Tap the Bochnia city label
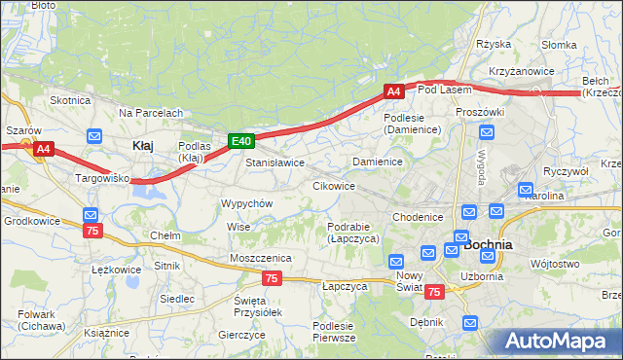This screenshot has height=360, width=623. tap(489, 245)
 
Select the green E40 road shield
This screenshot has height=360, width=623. tap(242, 142)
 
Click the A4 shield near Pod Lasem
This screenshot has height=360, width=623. tap(393, 91)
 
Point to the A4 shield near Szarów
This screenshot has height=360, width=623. tap(43, 150)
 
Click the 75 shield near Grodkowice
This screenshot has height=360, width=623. tap(92, 231)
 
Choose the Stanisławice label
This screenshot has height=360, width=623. tap(275, 162)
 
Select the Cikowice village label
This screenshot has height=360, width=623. tap(333, 186)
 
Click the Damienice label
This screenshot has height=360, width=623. tap(378, 162)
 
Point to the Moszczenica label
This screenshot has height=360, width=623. tap(261, 257)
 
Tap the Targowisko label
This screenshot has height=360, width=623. tap(103, 180)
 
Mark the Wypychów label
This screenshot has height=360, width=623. tap(246, 203)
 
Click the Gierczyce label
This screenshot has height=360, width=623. tap(242, 334)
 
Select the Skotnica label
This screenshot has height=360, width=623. tap(70, 100)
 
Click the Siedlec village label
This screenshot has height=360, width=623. tap(176, 299)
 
